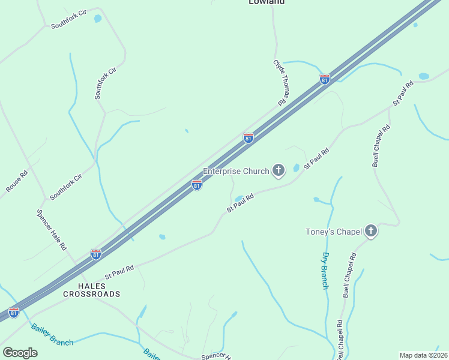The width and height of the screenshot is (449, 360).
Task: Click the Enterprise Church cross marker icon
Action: [x=278, y=171]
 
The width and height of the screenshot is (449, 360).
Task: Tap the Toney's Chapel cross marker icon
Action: [x=371, y=231]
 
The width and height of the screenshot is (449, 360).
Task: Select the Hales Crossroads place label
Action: [x=91, y=290]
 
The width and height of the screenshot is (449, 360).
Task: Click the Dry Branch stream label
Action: [x=324, y=271]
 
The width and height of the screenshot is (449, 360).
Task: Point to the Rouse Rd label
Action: [x=17, y=182]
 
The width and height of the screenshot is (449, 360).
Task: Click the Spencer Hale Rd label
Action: [x=51, y=230]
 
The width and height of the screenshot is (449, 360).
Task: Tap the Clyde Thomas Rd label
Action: [x=281, y=83]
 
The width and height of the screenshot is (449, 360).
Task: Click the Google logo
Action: [x=20, y=353]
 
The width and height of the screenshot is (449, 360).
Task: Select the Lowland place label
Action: [x=267, y=2]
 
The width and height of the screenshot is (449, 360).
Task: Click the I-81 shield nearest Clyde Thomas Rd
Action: [x=324, y=79]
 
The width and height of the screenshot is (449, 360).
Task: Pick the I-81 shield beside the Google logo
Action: [x=13, y=312]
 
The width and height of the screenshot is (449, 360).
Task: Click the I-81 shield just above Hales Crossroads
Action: [x=95, y=254]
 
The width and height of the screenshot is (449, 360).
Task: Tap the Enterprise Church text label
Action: [x=236, y=171]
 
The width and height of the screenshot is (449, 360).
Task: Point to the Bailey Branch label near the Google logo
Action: [x=52, y=335]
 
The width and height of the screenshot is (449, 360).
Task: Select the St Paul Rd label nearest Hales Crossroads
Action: [x=119, y=272]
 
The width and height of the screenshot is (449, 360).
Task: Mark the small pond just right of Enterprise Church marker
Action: [x=296, y=168]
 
